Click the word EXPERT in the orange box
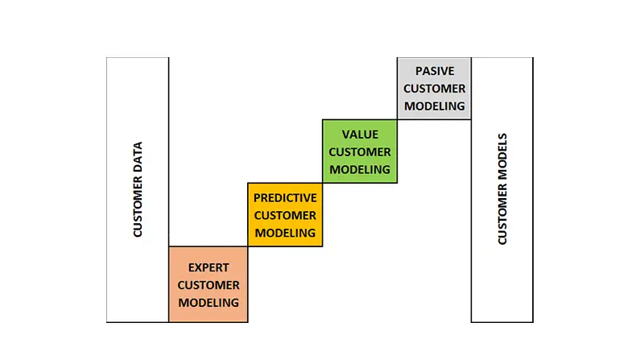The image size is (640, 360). coord(209,267)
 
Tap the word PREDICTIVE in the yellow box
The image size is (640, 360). coord(285,197)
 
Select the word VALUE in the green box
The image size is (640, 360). coord(360,134)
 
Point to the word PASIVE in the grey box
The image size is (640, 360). coord(435,71)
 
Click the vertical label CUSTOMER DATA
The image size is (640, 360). coord(138,190)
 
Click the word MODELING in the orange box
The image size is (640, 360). coord(209,303)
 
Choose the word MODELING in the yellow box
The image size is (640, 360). coord(285,233)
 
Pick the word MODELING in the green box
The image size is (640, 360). coord(360,169)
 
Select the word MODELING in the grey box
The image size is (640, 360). coord(435,106)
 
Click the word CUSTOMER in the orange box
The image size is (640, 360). coord(209,285)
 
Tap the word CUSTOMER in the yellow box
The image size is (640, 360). coord(285,215)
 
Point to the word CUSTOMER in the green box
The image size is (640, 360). coord(360,151)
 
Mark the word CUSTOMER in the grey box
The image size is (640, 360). coord(435,89)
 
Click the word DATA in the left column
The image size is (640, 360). coord(138,157)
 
